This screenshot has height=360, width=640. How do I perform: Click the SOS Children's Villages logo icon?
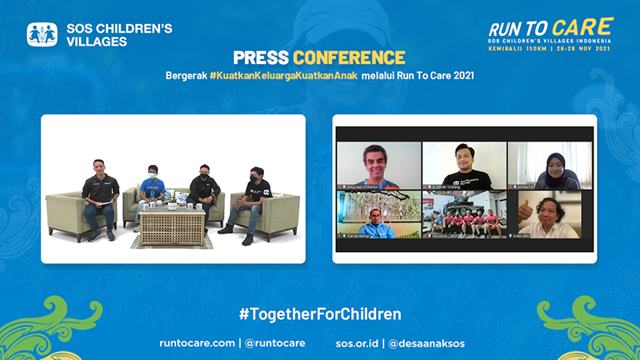[42, 34]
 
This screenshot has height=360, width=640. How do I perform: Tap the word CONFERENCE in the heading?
[349, 58]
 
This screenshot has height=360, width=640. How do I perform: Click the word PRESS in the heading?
[261, 58]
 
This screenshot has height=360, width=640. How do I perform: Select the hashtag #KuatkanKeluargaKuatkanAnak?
[284, 76]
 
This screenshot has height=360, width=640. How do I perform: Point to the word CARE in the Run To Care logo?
[582, 27]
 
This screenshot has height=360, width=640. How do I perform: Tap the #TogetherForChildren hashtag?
[320, 314]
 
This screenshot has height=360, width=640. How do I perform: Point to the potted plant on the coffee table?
[171, 199]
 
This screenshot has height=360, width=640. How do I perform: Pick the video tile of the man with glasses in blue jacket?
[378, 214]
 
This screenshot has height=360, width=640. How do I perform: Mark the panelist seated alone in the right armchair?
[256, 200]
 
